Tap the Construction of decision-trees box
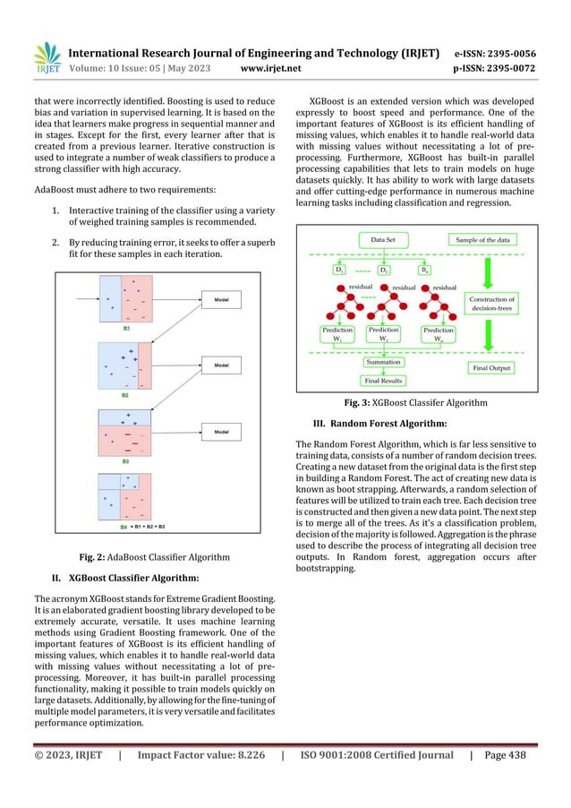click(x=491, y=304)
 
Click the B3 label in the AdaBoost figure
click(x=125, y=460)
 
